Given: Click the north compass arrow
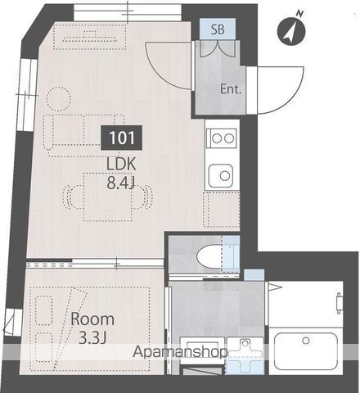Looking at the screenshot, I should coord(292,29).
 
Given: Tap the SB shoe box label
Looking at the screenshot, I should coord(218,29).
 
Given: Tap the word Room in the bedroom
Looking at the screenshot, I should coord(92,319).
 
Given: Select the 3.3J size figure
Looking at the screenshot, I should coord(92,337).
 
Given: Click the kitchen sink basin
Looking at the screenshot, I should coord(222,174).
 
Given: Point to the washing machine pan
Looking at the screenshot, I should coord(243,357).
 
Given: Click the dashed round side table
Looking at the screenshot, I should coord(57,99).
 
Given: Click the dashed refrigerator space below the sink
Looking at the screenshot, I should coord(222,210).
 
